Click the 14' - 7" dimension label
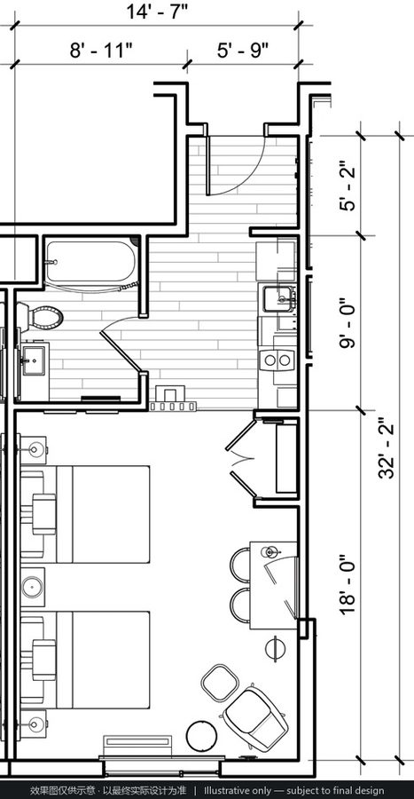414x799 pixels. pyautogui.click(x=157, y=12)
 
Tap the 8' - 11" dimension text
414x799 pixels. pyautogui.click(x=101, y=51)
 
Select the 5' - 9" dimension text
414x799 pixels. pyautogui.click(x=243, y=51)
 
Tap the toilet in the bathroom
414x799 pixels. pyautogui.click(x=41, y=317)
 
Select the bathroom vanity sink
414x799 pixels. pyautogui.click(x=33, y=360)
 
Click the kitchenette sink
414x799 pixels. pyautogui.click(x=278, y=298)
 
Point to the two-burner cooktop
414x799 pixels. pyautogui.click(x=277, y=360)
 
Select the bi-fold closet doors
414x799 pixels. pyautogui.click(x=241, y=459)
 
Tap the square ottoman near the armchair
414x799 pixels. pyautogui.click(x=220, y=682)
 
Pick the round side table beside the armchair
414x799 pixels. pyautogui.click(x=202, y=736)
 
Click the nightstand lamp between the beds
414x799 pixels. pyautogui.click(x=33, y=587)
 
